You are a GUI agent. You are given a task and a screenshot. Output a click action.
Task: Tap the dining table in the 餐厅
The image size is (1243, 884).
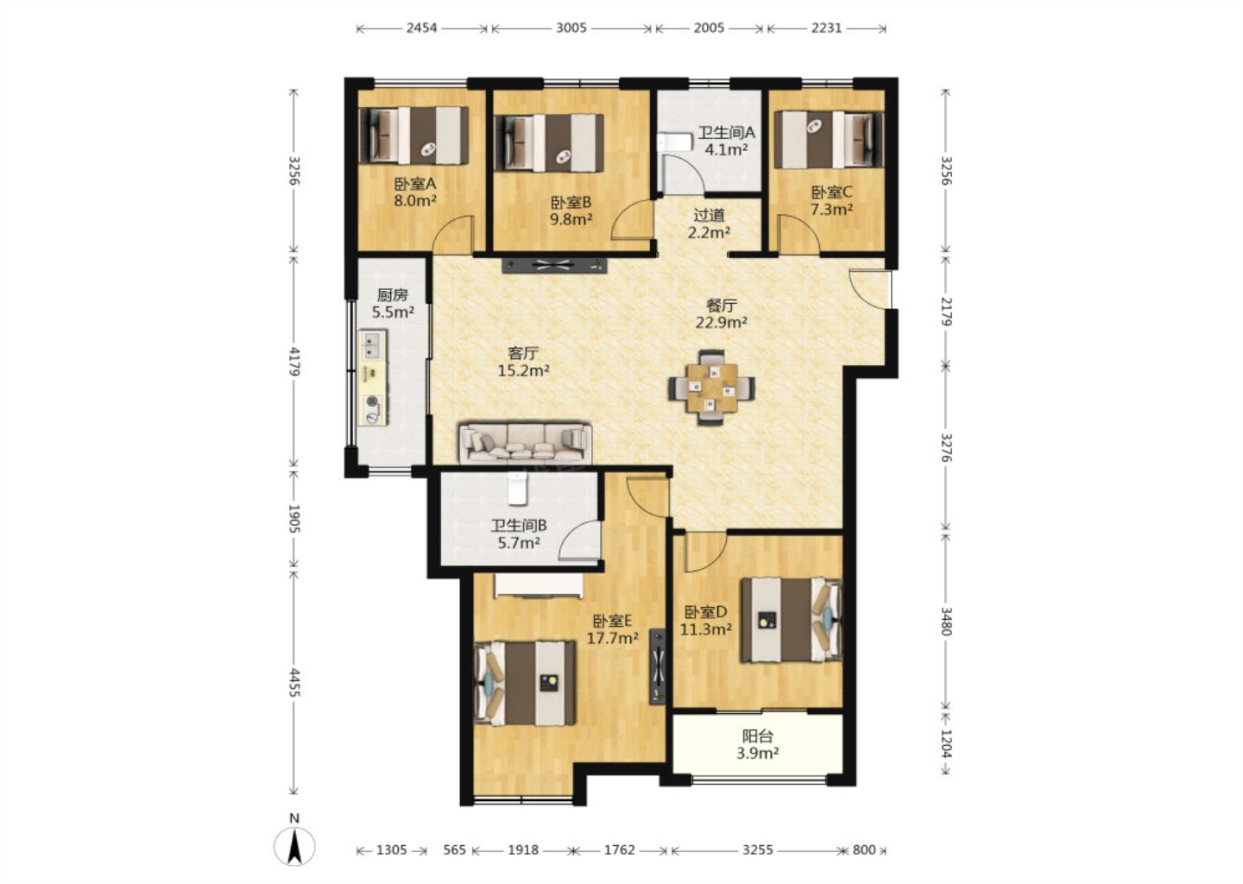tap(711, 388)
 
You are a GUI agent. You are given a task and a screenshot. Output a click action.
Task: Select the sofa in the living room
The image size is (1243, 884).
tap(525, 442)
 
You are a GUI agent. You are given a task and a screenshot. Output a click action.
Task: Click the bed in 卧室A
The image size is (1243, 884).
tap(413, 136)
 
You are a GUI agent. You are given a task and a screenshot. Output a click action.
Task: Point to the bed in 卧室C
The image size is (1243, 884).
tap(829, 139)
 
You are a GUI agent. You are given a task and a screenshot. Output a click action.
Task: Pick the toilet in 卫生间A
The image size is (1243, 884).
tap(674, 142)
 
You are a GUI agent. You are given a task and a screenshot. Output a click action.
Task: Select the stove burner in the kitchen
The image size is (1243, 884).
tap(372, 409)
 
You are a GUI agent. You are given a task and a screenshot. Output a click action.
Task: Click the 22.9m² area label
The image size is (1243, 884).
tap(722, 322)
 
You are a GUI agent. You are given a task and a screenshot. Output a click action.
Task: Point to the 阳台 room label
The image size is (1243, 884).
tap(758, 736)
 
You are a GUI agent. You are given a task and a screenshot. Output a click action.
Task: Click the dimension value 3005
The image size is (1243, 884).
tap(571, 28)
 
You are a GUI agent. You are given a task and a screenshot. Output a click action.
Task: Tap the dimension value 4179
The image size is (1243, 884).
tap(294, 362)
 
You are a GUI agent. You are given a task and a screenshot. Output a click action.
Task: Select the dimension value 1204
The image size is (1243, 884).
tap(947, 743)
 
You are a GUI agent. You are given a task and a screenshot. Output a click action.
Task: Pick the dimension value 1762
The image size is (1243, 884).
tap(619, 849)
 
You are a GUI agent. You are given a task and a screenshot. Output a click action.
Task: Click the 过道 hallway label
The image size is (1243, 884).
tap(709, 215)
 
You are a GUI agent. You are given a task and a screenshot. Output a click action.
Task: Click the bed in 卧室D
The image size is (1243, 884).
tap(792, 620)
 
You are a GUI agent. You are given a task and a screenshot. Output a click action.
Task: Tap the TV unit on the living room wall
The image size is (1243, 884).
tap(554, 265)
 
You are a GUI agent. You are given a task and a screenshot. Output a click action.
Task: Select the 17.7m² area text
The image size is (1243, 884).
tap(612, 638)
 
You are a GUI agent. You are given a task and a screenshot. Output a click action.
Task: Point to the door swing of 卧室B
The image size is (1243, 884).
tap(631, 220)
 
